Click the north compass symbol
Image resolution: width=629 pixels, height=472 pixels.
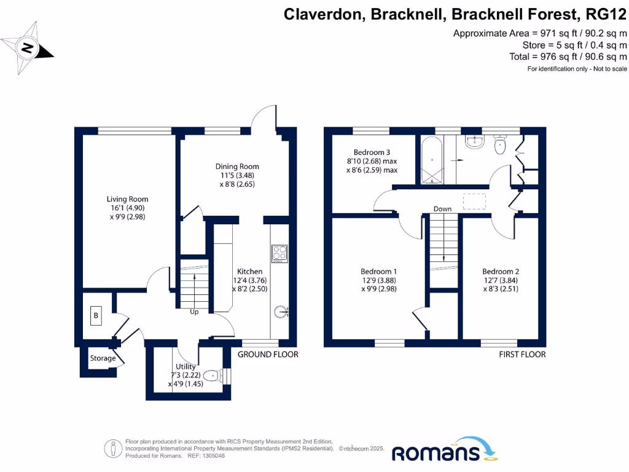coord(28,47)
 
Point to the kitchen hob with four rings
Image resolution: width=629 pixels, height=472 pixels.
coord(279,253)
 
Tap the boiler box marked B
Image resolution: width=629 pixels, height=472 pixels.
coord(96,317)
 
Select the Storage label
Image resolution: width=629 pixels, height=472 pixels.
coord(103,358)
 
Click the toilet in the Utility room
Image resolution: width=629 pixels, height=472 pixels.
coord(211,374)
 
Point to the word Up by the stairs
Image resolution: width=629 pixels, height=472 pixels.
coord(194,312)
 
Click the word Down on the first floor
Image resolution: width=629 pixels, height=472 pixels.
coord(442,209)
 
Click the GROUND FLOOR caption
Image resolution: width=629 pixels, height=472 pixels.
coord(268,355)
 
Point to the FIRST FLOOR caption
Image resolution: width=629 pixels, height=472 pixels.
coord(522,355)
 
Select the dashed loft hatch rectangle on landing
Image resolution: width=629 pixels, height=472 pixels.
coord(474,201)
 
